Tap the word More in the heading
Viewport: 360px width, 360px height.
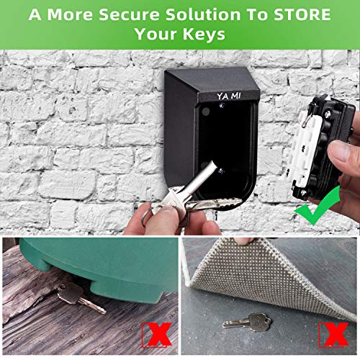coord(68,14)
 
